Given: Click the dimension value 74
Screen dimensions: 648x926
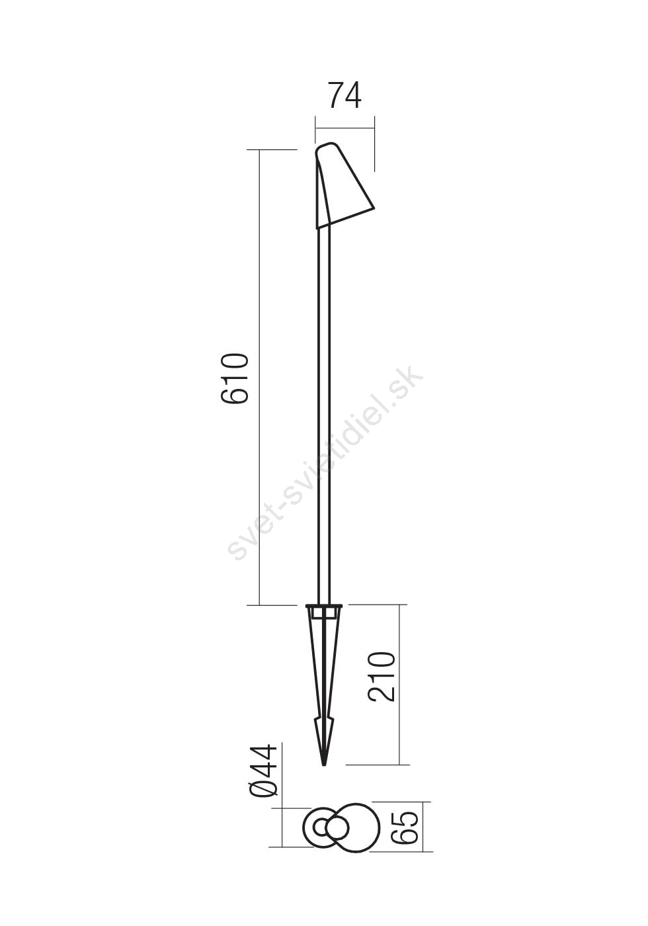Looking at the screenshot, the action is point(344,95).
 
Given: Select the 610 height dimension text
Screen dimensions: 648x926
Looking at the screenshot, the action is point(234,378).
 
